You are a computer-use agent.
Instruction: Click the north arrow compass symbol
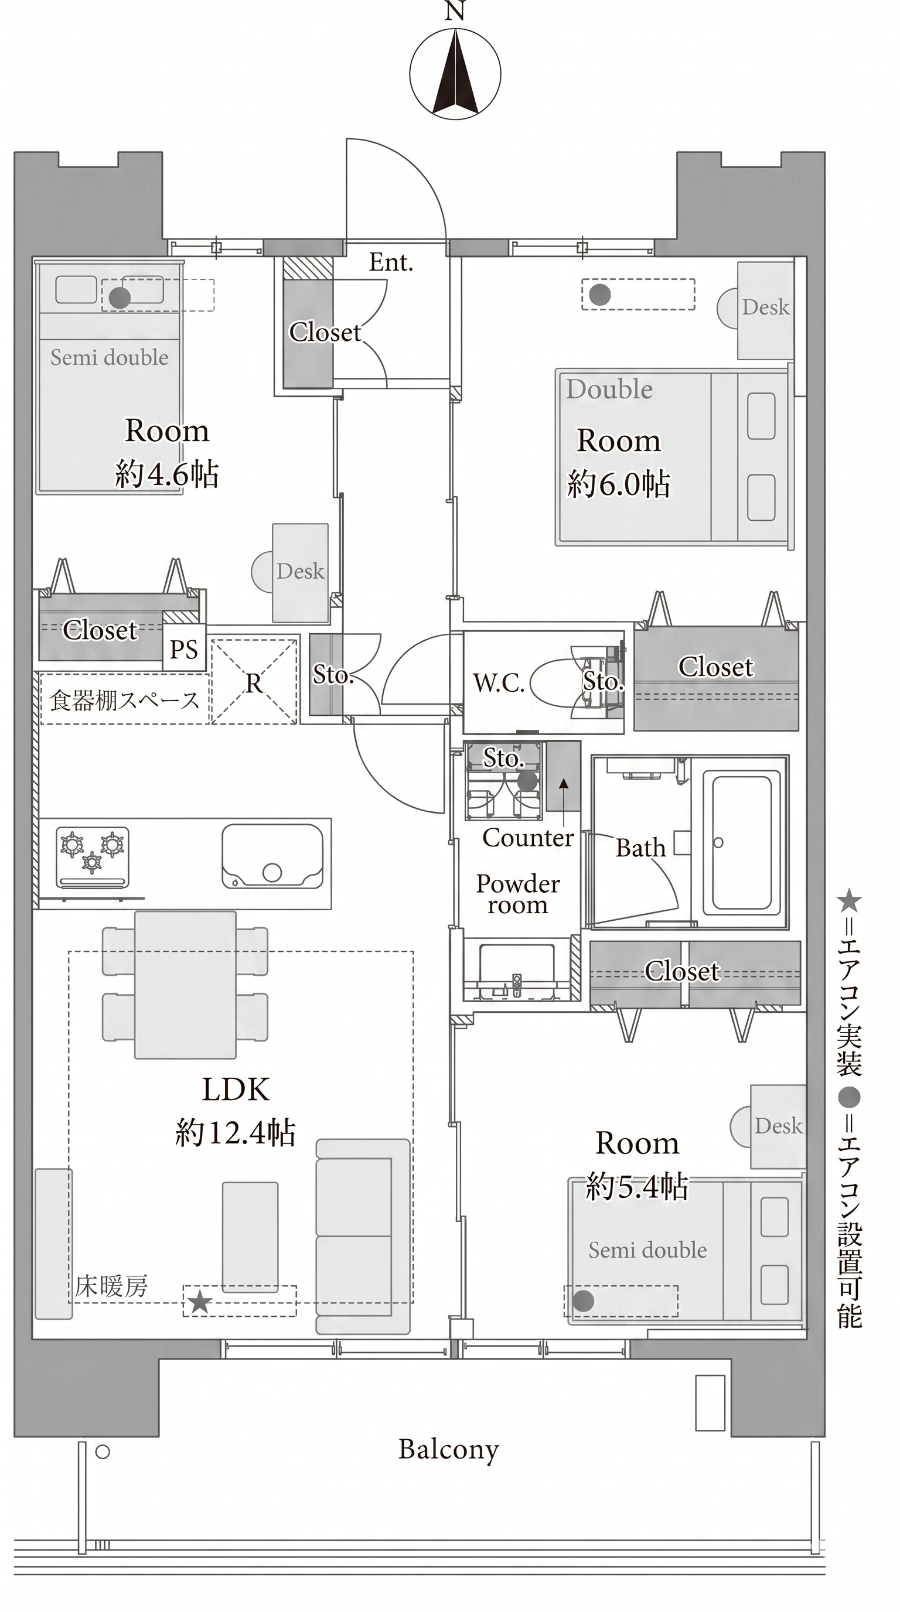pyautogui.click(x=455, y=73)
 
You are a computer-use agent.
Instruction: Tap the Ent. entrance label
pyautogui.click(x=391, y=262)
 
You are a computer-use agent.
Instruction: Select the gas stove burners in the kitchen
pyautogui.click(x=93, y=857)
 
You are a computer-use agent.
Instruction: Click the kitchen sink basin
pyautogui.click(x=272, y=855)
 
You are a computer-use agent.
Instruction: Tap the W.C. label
pyautogui.click(x=499, y=683)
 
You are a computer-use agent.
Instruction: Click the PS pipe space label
pyautogui.click(x=184, y=650)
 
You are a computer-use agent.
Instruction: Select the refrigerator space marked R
pyautogui.click(x=254, y=681)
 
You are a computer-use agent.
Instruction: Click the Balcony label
pyautogui.click(x=449, y=1449)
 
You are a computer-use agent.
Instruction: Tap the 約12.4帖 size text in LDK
pyautogui.click(x=236, y=1132)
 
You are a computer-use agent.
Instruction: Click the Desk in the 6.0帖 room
pyautogui.click(x=765, y=310)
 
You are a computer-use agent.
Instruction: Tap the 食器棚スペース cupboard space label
pyautogui.click(x=125, y=700)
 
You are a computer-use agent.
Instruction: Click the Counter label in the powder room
pyautogui.click(x=527, y=837)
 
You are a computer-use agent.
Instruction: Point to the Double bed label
pyautogui.click(x=609, y=389)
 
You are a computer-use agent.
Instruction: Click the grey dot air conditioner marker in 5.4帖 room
pyautogui.click(x=584, y=1301)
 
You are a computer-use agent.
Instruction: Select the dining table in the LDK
pyautogui.click(x=185, y=985)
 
